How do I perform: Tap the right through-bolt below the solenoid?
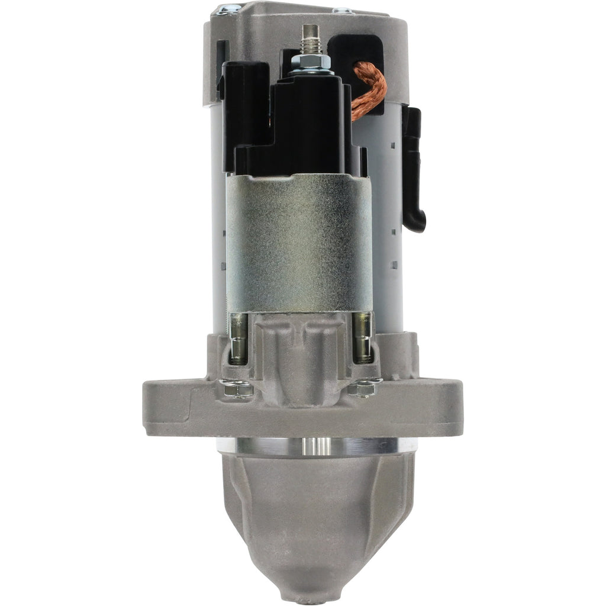(362, 339)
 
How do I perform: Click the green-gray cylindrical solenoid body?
(299, 243)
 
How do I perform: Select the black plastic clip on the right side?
(414, 172)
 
